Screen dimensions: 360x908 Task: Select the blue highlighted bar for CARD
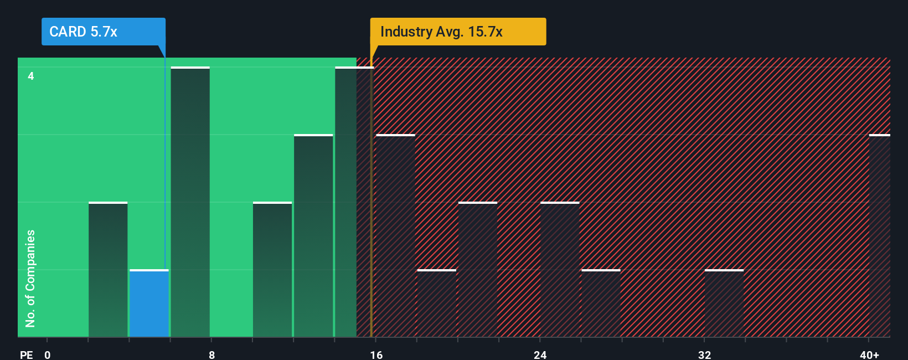pos(149,304)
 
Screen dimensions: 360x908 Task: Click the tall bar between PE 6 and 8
pos(190,202)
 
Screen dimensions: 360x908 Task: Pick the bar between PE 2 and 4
pos(108,270)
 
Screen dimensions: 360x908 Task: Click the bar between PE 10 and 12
pos(272,270)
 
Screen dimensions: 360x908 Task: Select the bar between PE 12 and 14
pos(313,236)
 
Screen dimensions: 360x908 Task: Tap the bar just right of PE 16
pos(395,236)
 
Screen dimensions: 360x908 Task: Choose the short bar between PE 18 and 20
pos(436,304)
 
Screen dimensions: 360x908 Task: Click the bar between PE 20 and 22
pos(478,270)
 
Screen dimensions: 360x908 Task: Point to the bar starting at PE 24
pos(560,270)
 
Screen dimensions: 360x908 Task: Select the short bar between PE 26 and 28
pos(601,304)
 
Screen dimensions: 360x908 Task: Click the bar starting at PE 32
pos(724,304)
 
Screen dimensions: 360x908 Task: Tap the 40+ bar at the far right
pos(880,236)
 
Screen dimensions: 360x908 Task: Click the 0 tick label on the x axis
pos(48,354)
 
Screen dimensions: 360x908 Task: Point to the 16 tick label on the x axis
pos(376,354)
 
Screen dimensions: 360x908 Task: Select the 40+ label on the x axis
pos(869,354)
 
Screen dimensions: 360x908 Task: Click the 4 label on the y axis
pos(31,76)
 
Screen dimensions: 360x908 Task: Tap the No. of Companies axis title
pos(30,278)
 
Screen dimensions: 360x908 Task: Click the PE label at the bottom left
pos(26,354)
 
